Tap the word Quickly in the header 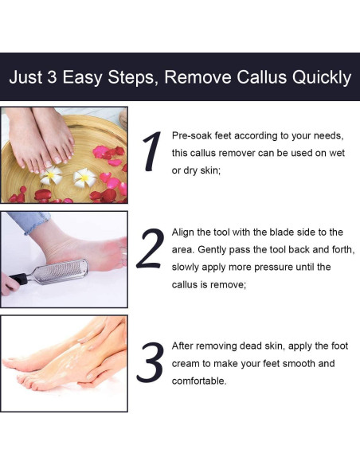tap(322, 79)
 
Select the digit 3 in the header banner tap(53, 77)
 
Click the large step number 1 tap(151, 151)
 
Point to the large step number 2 tap(150, 248)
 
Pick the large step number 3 tap(151, 362)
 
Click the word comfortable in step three tap(199, 381)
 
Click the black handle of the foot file tap(18, 279)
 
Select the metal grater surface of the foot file tap(61, 271)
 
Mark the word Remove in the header tap(198, 77)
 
